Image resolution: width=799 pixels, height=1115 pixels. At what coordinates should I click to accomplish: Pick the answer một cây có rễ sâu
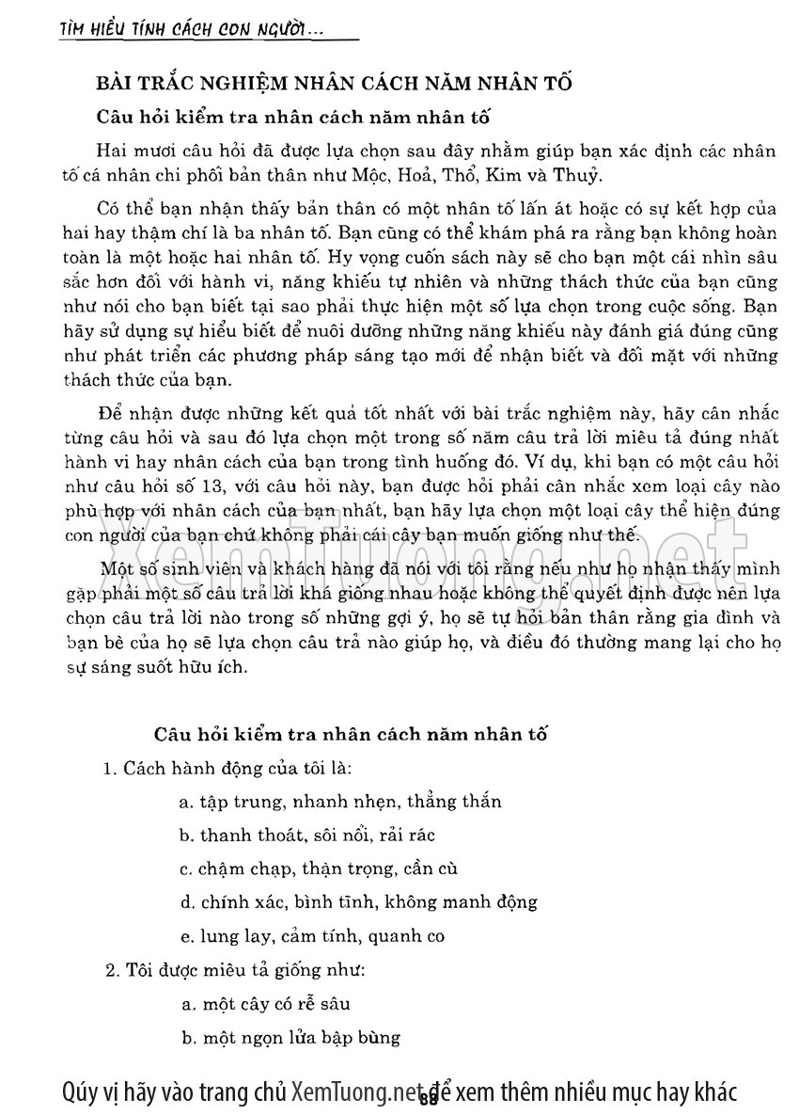268,1004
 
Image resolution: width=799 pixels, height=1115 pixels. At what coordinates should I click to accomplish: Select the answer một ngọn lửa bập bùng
290,1038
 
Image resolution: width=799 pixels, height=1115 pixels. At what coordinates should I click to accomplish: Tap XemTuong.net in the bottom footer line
353,1091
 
